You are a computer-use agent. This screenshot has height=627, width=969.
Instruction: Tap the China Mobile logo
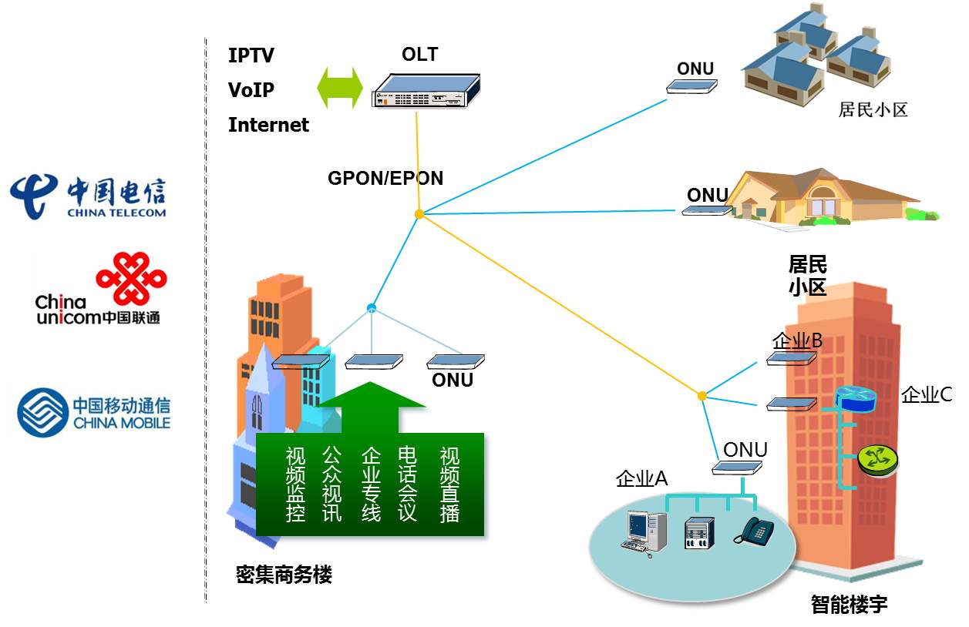tap(93, 412)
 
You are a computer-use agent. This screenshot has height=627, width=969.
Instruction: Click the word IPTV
tap(251, 55)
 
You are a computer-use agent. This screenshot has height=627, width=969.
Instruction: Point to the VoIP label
tap(251, 90)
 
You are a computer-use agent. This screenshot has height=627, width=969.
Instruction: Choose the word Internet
tap(268, 125)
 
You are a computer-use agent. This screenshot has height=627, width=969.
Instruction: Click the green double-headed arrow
tap(340, 86)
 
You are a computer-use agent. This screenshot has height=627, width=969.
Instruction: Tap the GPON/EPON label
tap(385, 179)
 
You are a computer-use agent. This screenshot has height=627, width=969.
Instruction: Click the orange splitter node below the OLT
tap(419, 214)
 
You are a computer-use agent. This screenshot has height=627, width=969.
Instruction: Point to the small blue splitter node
tap(372, 308)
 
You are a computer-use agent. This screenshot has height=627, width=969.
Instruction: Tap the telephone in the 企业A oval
tap(753, 531)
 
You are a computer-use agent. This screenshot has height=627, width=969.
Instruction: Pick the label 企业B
tap(797, 340)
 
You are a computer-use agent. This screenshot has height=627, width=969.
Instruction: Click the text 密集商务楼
tap(284, 575)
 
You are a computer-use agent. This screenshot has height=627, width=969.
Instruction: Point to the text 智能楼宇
tap(849, 605)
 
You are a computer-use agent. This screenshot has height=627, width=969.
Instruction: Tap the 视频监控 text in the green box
tap(296, 484)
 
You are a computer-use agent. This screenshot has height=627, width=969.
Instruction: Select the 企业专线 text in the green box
tap(372, 484)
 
